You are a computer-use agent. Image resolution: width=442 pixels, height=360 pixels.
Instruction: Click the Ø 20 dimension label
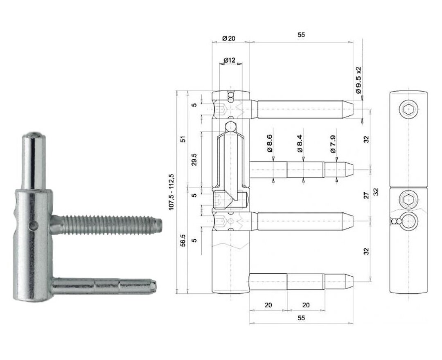click(x=229, y=38)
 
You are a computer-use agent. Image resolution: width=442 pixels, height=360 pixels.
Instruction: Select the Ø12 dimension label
click(x=229, y=60)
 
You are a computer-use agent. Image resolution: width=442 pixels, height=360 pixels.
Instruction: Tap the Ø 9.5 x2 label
click(x=358, y=81)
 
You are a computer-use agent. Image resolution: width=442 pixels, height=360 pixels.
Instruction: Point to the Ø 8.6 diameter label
click(x=269, y=143)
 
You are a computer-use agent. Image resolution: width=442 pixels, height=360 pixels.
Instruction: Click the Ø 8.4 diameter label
click(x=300, y=143)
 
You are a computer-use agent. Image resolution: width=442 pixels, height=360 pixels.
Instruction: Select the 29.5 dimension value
click(x=194, y=160)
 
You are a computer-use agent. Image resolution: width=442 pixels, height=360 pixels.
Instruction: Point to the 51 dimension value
click(x=183, y=139)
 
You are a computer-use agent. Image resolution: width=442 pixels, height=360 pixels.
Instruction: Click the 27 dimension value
click(x=366, y=196)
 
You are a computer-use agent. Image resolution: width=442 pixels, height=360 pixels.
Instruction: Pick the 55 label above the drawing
click(x=301, y=35)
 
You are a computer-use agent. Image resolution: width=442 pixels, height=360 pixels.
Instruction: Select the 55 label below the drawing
click(x=301, y=318)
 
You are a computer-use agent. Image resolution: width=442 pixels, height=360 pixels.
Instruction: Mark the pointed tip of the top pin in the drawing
click(x=353, y=109)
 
